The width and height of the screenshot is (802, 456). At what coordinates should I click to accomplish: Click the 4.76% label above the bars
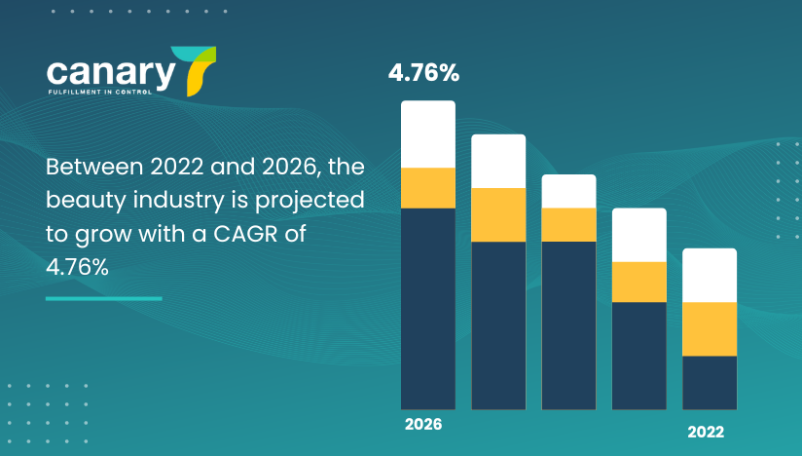423,72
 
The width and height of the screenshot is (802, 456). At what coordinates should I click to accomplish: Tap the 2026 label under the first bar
423,425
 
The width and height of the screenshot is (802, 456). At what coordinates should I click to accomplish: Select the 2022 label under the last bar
706,433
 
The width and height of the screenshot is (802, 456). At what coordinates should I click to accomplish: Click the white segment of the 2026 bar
428,133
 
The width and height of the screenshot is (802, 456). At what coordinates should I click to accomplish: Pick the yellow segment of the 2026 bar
428,187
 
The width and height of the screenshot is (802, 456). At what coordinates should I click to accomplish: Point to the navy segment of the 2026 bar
428,307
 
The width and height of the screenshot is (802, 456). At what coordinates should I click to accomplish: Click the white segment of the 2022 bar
710,275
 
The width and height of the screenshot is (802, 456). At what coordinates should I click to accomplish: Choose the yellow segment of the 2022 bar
710,328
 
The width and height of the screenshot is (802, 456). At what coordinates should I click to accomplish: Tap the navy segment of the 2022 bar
710,382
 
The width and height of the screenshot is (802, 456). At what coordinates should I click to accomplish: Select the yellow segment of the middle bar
568,224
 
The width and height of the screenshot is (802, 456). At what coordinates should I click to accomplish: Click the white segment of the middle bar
568,191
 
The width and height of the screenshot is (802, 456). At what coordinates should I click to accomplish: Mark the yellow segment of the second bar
498,214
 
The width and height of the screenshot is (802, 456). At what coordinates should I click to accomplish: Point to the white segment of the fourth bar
639,235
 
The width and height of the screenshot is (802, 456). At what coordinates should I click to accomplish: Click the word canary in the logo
109,73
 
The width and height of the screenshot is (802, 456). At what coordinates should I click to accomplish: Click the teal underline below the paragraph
103,298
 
